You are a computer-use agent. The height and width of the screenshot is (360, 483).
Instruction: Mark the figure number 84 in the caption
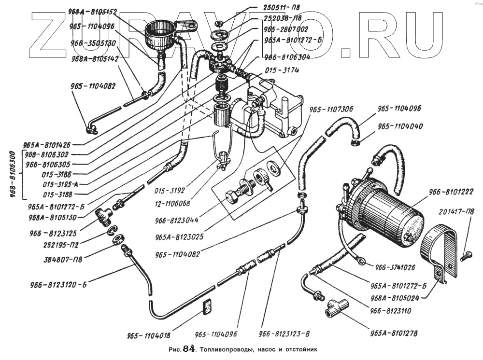tap(188, 349)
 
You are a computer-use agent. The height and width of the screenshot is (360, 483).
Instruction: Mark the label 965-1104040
tap(400, 126)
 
